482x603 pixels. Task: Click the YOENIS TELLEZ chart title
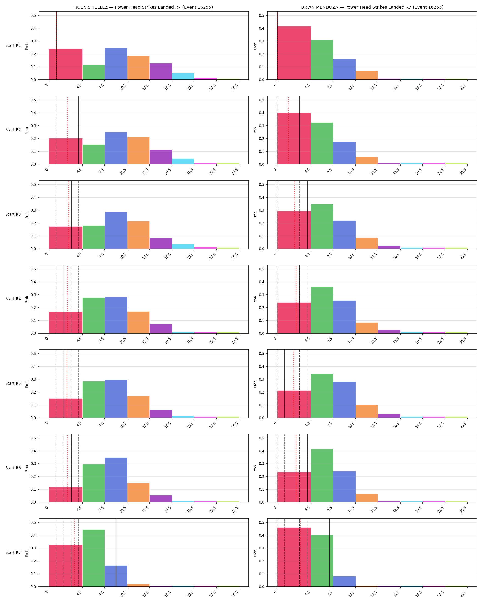click(144, 7)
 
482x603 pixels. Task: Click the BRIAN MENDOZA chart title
click(372, 7)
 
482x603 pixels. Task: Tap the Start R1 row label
click(13, 45)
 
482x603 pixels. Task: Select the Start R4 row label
click(13, 299)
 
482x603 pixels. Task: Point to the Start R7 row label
click(13, 552)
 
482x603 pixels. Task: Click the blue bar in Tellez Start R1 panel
click(116, 64)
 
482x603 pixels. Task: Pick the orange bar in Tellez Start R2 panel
click(138, 151)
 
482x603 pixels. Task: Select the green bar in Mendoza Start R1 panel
click(322, 60)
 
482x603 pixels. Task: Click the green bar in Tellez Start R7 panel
click(94, 558)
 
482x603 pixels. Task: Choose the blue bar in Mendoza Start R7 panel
click(344, 581)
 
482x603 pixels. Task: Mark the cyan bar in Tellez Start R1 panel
click(183, 76)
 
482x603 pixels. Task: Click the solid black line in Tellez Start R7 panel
click(116, 553)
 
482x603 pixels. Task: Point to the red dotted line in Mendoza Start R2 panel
click(288, 130)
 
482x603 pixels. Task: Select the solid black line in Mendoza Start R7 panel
click(329, 553)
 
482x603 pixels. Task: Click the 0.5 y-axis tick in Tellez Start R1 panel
click(33, 15)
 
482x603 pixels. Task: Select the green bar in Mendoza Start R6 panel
click(322, 476)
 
